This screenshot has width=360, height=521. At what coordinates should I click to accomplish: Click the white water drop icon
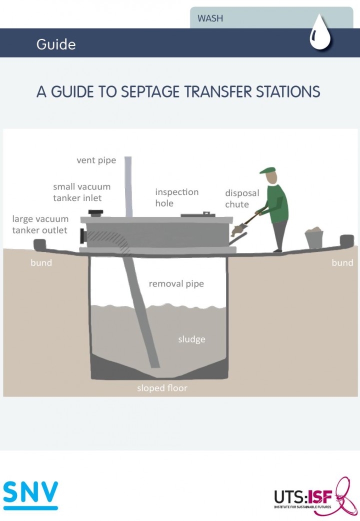point(320,34)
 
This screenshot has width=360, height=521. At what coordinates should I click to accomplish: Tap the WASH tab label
point(210,19)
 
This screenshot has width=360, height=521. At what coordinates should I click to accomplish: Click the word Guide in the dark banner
point(56,44)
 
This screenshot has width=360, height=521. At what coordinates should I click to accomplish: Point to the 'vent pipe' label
point(96,160)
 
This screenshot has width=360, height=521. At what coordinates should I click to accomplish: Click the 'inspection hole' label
point(176,197)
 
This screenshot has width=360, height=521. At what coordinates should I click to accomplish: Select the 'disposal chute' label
point(242,198)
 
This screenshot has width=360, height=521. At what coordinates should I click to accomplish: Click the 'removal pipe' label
point(176,284)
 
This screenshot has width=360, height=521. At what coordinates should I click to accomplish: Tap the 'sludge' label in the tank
point(192,339)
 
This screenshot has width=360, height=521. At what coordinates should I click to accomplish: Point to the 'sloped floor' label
point(162,388)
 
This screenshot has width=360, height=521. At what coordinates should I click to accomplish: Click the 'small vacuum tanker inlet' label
point(81,192)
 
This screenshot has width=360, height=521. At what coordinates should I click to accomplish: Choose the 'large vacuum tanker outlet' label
point(40,224)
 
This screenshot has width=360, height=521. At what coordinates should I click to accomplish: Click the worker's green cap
point(268,170)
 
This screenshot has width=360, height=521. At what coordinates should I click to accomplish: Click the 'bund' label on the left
point(41,262)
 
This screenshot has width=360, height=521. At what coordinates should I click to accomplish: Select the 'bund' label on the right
point(342,262)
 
